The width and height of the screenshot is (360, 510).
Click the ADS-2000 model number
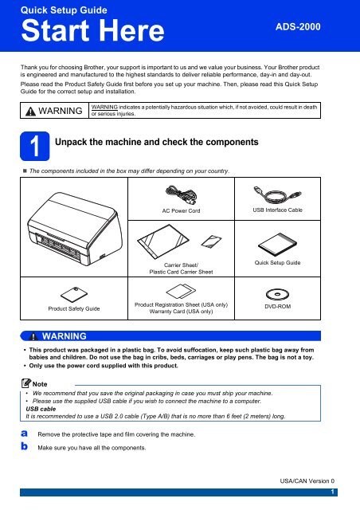298,26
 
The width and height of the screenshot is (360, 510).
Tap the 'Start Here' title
92,30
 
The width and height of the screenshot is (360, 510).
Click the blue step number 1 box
35,146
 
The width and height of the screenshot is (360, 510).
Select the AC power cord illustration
181,194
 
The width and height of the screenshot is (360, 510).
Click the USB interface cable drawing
277,195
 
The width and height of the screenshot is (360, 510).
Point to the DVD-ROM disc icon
277,294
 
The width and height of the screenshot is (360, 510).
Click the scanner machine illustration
75,229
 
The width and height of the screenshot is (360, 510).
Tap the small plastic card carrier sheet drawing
211,241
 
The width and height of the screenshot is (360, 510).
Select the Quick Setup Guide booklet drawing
277,245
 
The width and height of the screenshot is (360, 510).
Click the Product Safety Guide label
74,308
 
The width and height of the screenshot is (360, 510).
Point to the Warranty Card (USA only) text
181,312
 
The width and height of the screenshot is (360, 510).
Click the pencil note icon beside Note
26,383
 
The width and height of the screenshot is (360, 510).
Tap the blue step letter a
25,433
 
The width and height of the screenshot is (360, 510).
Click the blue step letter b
25,446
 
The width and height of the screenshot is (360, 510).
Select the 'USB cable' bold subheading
41,409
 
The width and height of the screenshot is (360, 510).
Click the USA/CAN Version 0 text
307,481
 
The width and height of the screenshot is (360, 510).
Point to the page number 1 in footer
332,492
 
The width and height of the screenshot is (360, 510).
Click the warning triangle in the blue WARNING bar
33,336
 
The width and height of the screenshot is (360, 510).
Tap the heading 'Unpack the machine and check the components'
157,142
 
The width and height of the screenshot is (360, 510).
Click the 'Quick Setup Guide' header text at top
64,10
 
